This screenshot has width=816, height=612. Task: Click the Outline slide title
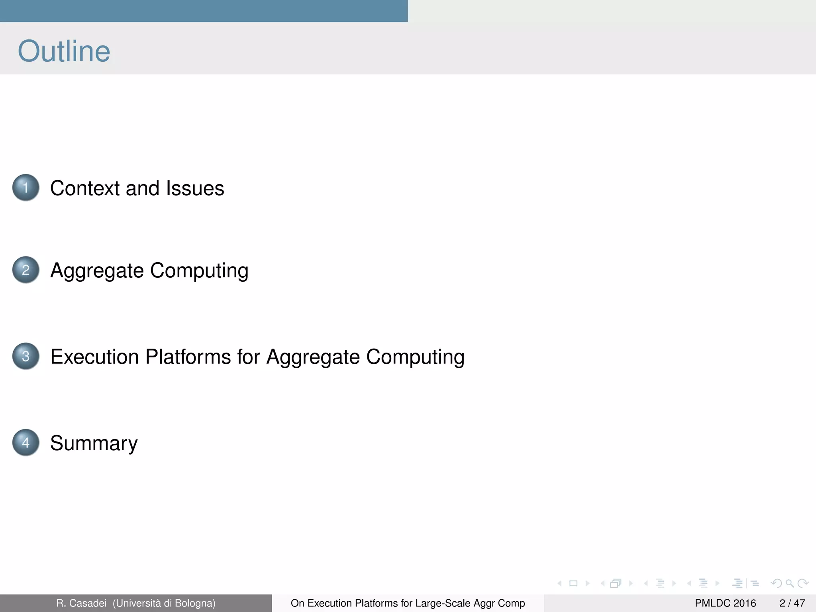click(x=64, y=51)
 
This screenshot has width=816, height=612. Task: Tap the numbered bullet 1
click(x=26, y=188)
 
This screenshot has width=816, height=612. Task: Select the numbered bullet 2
click(x=26, y=270)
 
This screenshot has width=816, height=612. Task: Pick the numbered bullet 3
click(x=26, y=356)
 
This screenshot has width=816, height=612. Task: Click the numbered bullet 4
click(x=26, y=443)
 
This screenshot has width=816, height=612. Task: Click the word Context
click(x=85, y=188)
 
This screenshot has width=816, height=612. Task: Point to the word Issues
click(x=195, y=188)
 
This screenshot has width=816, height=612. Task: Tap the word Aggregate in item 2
click(x=97, y=271)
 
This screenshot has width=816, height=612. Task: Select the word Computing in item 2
click(x=199, y=271)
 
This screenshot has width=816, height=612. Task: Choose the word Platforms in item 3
click(x=188, y=357)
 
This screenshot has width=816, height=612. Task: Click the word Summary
click(x=94, y=443)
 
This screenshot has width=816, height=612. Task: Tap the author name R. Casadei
click(x=81, y=603)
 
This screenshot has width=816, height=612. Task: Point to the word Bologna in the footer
click(x=194, y=603)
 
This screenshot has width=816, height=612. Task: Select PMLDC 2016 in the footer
click(x=725, y=603)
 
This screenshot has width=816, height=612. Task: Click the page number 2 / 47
click(x=792, y=603)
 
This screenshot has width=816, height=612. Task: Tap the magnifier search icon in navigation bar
click(x=789, y=584)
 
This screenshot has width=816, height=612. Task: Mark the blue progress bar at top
click(x=204, y=11)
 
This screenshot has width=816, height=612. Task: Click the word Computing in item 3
click(x=415, y=357)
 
